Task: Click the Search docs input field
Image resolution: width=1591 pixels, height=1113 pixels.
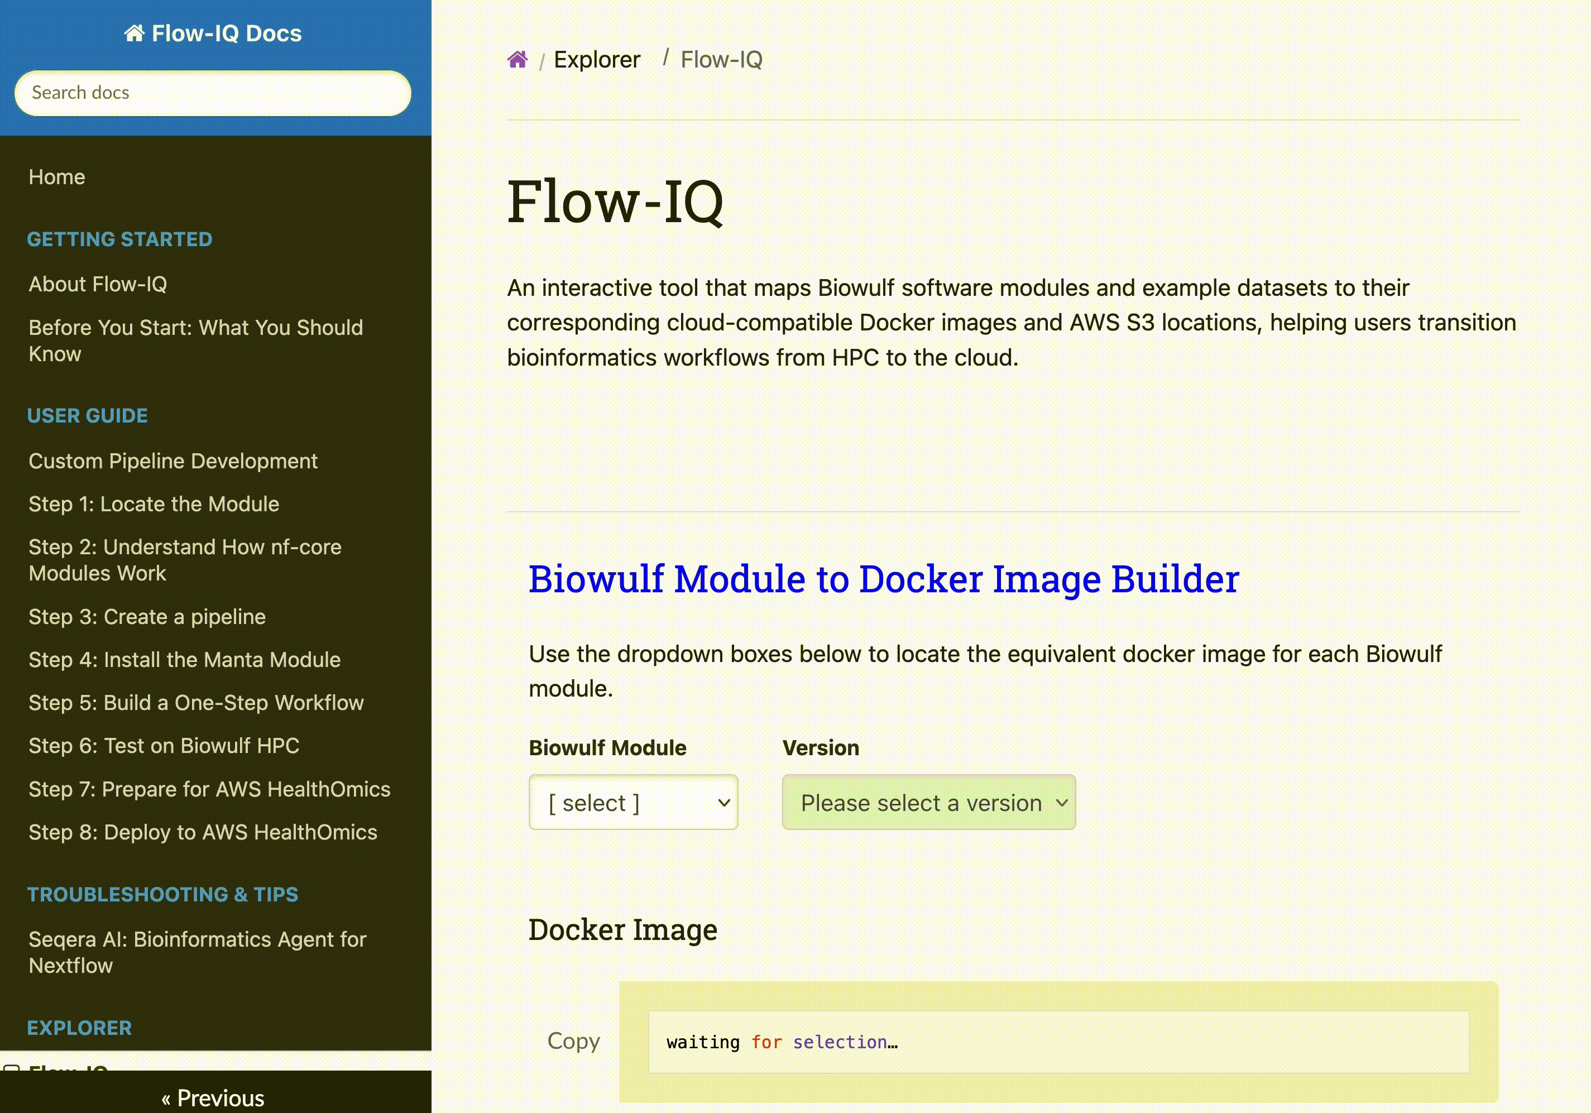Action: [x=213, y=93]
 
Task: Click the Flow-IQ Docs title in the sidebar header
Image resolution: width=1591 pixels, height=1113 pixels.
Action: [x=213, y=33]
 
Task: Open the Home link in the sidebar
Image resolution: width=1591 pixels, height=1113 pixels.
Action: [x=57, y=177]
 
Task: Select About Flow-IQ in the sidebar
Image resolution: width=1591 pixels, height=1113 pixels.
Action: [x=98, y=284]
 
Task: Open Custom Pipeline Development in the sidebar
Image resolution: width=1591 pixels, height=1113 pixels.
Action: [x=173, y=461]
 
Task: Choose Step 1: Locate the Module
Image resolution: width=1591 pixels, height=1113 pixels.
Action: [x=154, y=504]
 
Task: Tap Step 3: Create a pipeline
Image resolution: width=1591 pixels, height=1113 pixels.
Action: [x=147, y=617]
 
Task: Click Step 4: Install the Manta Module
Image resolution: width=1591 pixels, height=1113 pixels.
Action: [x=184, y=660]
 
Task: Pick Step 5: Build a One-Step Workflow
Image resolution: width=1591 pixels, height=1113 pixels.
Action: [x=196, y=703]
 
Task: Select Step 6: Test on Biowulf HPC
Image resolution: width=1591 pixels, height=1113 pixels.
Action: [x=164, y=746]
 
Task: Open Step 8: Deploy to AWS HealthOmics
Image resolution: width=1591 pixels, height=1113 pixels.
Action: [x=203, y=832]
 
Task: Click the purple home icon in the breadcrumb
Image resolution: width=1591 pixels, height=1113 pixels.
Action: [x=517, y=60]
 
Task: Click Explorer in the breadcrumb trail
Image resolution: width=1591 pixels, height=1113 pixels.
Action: [x=597, y=60]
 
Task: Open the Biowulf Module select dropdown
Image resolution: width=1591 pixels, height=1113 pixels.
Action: [x=634, y=803]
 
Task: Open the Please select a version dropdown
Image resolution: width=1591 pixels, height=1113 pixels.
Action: [x=928, y=803]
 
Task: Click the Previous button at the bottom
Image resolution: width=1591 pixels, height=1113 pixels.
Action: [x=213, y=1098]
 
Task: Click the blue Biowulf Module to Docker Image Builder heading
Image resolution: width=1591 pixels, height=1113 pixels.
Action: [x=884, y=579]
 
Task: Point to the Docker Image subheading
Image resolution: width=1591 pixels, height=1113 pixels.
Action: [x=623, y=930]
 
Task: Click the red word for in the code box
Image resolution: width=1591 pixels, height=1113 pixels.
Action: [x=766, y=1042]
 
